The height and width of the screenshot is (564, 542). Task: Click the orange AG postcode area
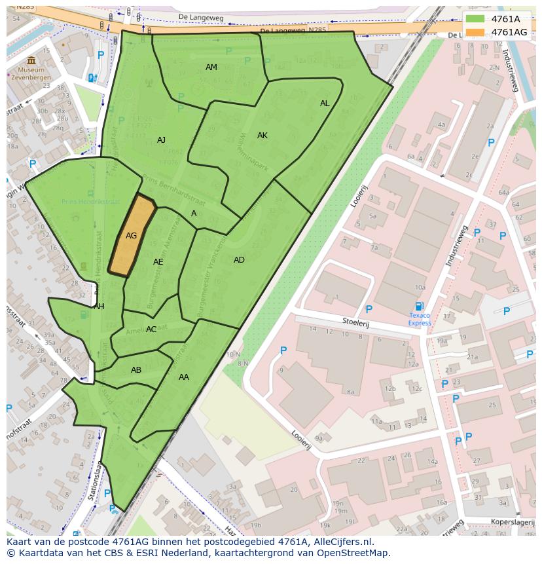click(x=132, y=236)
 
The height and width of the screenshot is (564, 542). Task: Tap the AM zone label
click(x=211, y=67)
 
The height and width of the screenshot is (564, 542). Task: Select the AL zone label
click(x=325, y=103)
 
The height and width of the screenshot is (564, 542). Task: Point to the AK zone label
click(x=262, y=136)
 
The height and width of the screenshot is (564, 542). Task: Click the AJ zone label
click(x=162, y=140)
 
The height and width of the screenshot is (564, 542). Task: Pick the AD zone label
click(x=239, y=260)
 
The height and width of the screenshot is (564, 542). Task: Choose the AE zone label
click(x=158, y=262)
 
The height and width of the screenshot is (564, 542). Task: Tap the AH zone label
click(x=99, y=307)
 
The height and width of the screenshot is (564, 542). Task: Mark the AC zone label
click(x=151, y=329)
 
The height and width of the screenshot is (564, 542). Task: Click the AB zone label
click(x=136, y=370)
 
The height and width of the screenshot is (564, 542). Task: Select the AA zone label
click(x=184, y=377)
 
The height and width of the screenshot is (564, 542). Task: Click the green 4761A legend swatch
click(x=475, y=20)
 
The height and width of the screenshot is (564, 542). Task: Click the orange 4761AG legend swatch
click(x=475, y=32)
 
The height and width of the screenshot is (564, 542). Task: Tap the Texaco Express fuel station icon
click(x=420, y=306)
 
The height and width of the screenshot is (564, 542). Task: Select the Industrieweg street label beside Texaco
click(x=456, y=246)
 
